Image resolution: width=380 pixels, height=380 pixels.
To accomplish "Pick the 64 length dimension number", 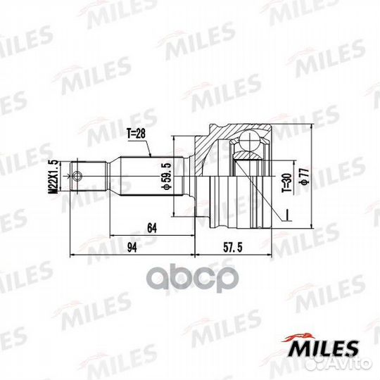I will tap(150, 226).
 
